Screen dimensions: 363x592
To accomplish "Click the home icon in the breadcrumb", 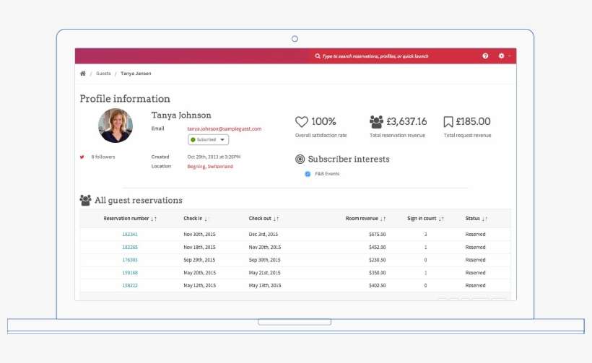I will (x=83, y=74).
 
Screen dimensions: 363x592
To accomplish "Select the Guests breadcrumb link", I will (x=103, y=74).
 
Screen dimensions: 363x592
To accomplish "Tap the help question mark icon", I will (x=486, y=56).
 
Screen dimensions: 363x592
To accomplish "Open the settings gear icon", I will (x=502, y=56).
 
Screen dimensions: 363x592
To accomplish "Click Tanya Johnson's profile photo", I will (x=116, y=126).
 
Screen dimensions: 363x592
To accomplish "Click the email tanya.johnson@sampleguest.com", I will (x=224, y=128).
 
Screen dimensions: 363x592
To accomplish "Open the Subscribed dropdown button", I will (x=208, y=139).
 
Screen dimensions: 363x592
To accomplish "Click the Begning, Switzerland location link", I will (x=210, y=167).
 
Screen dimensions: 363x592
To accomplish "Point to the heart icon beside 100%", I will (x=302, y=122).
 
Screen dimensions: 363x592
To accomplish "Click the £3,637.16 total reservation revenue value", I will (x=406, y=122).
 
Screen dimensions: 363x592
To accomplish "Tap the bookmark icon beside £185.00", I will (x=448, y=122).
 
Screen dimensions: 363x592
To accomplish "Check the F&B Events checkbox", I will (x=308, y=174).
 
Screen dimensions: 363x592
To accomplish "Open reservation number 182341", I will (x=130, y=235).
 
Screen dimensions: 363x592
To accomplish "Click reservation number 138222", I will (x=130, y=286).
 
